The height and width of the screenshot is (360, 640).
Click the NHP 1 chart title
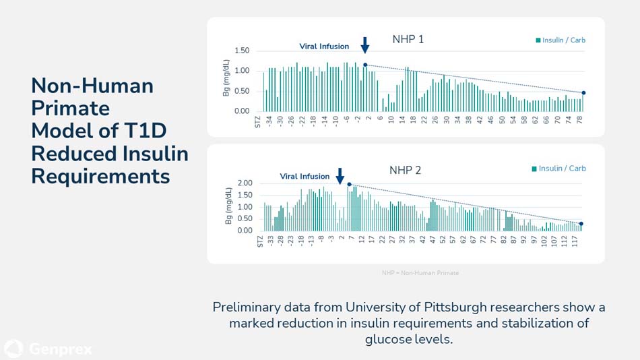point(408,39)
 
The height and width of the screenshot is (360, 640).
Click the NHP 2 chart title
point(405,170)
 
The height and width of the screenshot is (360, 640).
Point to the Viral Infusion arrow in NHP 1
point(365,45)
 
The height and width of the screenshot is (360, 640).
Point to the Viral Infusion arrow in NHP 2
point(340,176)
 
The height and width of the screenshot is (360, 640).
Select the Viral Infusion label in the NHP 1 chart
point(324,47)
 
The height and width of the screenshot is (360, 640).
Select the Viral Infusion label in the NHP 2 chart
point(305,177)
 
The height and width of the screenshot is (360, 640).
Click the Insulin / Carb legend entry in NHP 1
point(561,40)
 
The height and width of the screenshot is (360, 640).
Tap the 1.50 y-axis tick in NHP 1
point(242,51)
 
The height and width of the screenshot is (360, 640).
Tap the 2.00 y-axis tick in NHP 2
point(245,183)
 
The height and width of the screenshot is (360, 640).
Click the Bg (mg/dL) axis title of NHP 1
point(226,78)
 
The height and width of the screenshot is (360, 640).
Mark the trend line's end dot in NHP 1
point(583,93)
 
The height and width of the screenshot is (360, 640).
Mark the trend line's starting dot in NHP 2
point(349,184)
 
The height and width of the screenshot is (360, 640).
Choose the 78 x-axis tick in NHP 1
point(579,120)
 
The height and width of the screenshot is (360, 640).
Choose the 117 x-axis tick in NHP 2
point(574,240)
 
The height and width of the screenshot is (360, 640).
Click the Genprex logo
point(48,349)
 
